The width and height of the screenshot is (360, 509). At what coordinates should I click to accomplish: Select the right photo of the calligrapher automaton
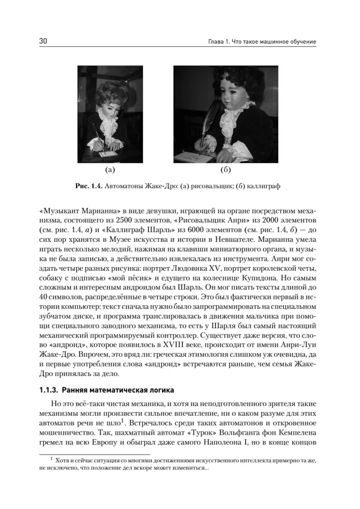click(226, 114)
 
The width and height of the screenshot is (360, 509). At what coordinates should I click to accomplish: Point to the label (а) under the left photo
click(110, 171)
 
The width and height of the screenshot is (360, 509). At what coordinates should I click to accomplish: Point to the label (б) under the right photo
click(226, 171)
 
